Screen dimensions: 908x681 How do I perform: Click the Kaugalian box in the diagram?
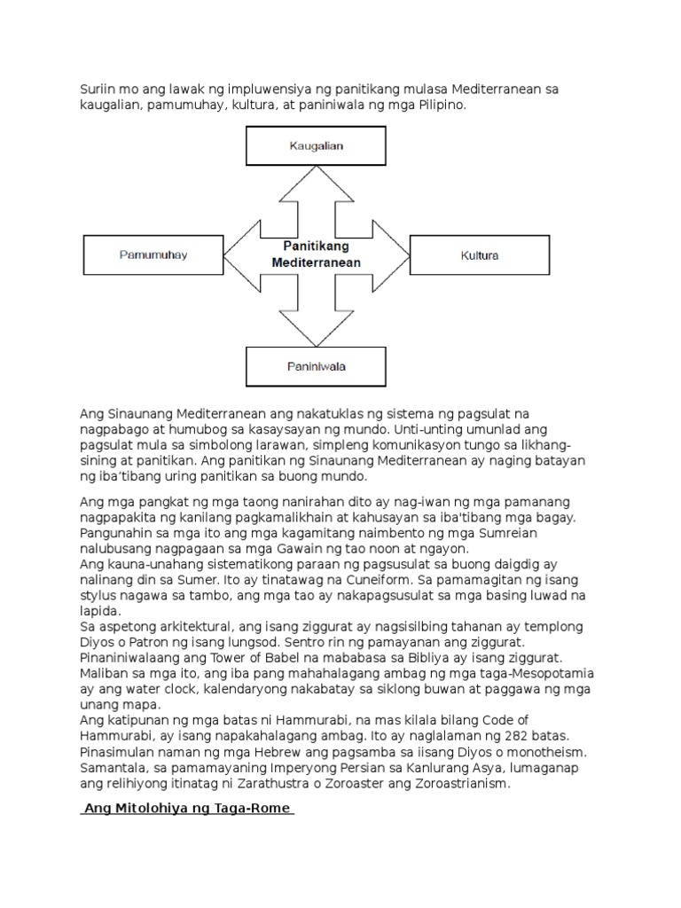316,145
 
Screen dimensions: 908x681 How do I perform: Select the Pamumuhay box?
153,255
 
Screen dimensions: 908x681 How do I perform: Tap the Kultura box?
480,255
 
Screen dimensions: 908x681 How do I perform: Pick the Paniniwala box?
316,365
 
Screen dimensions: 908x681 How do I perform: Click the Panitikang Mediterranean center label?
316,254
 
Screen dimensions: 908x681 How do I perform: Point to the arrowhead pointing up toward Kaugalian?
316,183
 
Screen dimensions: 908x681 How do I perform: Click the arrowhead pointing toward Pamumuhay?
239,255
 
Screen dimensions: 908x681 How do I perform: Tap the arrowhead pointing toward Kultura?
394,255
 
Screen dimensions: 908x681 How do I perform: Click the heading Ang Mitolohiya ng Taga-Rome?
186,809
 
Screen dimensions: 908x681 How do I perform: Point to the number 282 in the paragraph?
483,736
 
